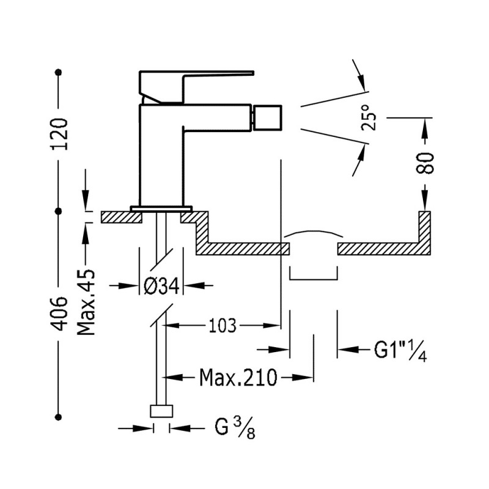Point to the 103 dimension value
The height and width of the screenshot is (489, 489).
click(x=222, y=325)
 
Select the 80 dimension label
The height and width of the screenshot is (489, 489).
click(x=426, y=162)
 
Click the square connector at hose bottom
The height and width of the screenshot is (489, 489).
click(x=161, y=411)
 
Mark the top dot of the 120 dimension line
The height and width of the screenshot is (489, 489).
click(x=59, y=73)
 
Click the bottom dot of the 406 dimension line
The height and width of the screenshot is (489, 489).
click(x=59, y=417)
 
